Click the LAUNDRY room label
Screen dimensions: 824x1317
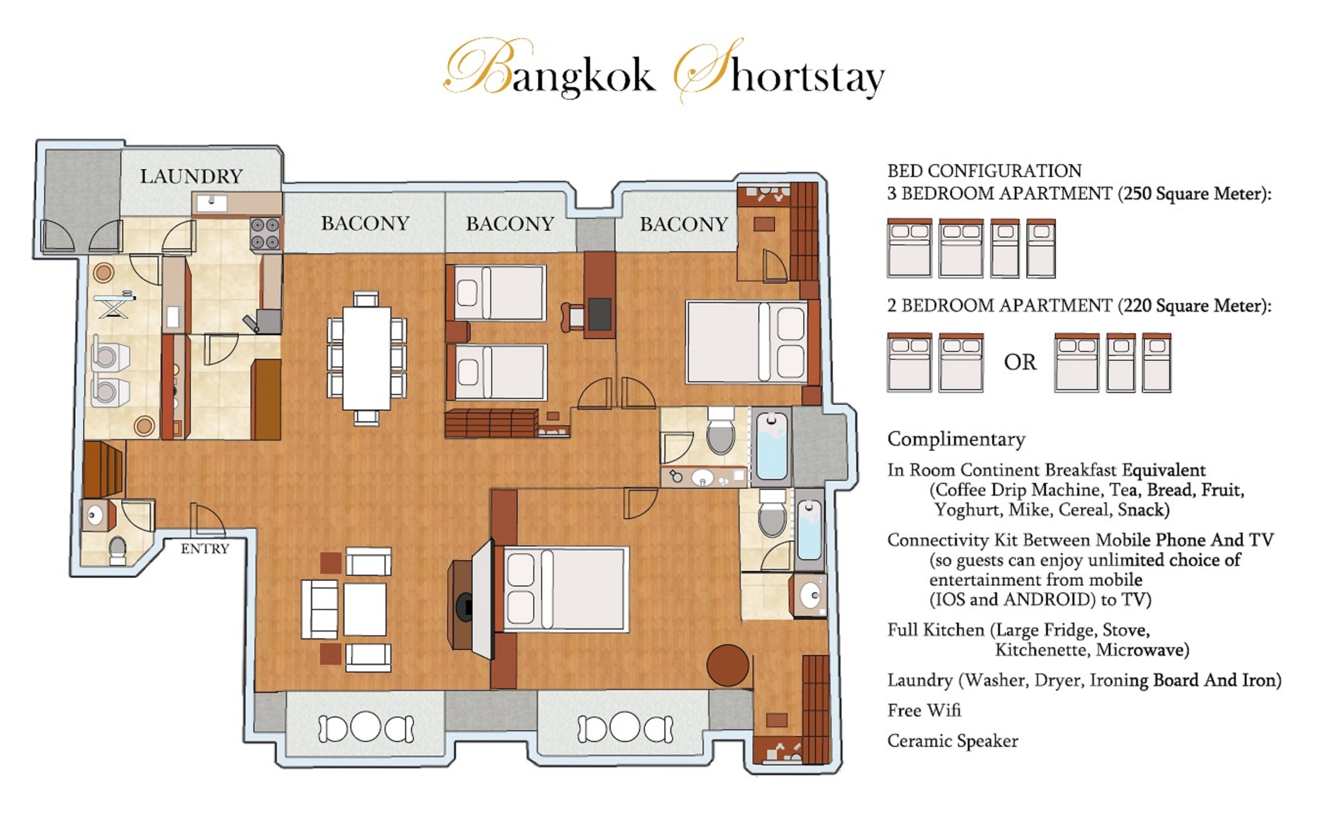191,176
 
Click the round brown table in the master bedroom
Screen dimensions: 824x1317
727,665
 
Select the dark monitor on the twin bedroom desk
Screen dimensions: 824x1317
599,314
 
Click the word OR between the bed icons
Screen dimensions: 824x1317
1019,362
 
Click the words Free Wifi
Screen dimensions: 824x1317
924,710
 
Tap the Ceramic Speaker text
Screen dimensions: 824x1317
952,741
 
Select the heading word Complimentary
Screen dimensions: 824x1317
956,439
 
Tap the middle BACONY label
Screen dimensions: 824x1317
509,223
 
